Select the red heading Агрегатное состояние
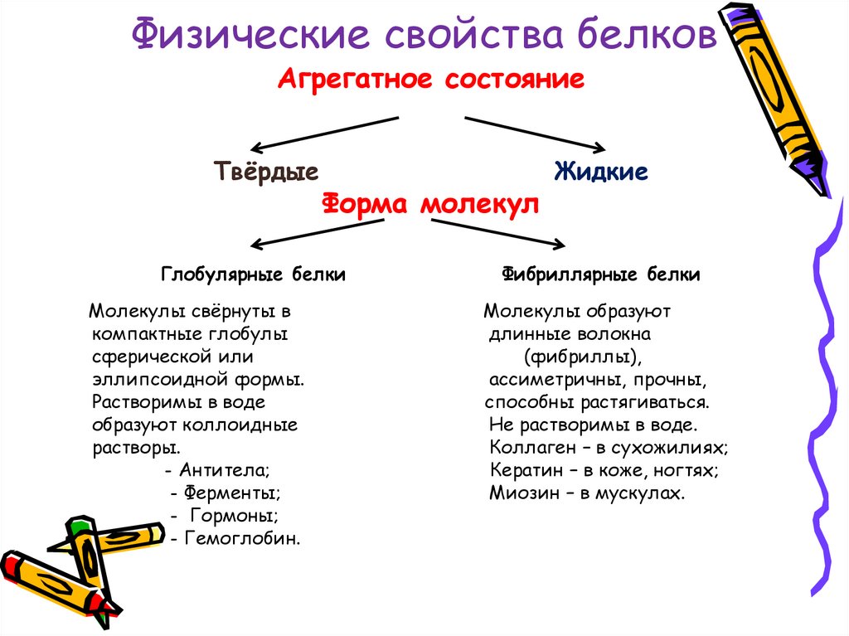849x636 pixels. pyautogui.click(x=431, y=80)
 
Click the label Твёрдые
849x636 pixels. pyautogui.click(x=266, y=172)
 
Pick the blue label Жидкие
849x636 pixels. pyautogui.click(x=601, y=172)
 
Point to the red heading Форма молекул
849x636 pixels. pyautogui.click(x=429, y=204)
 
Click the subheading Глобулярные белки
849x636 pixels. pyautogui.click(x=253, y=274)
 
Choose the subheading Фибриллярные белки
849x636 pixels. pyautogui.click(x=601, y=274)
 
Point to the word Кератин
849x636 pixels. pyautogui.click(x=523, y=471)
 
